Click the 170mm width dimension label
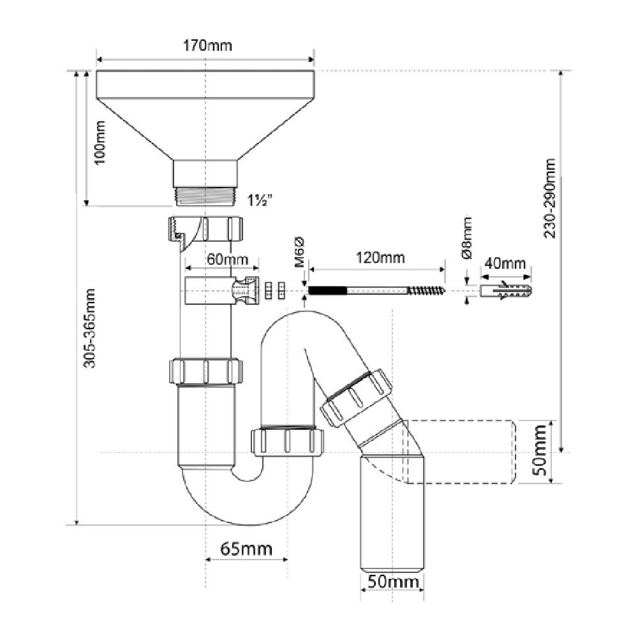(205, 46)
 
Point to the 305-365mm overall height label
(91, 329)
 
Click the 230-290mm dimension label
(550, 198)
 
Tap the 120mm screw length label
(380, 258)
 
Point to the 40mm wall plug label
(505, 263)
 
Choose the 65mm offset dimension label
(246, 549)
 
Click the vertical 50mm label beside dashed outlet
(540, 452)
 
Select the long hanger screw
(376, 291)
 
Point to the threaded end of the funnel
(205, 195)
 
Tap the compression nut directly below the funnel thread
(205, 228)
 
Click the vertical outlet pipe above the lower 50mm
(391, 510)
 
